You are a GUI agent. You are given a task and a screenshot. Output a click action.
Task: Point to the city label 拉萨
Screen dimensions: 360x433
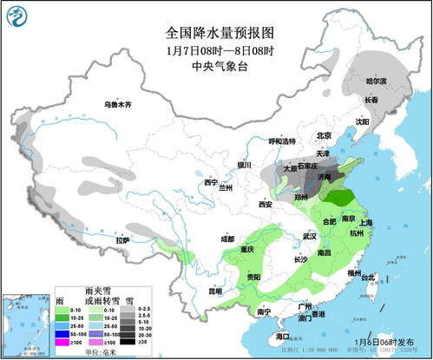(124, 239)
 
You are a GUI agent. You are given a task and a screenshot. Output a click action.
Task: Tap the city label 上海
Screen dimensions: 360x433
(365, 223)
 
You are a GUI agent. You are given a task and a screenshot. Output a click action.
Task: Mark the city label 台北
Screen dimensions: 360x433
(368, 278)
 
